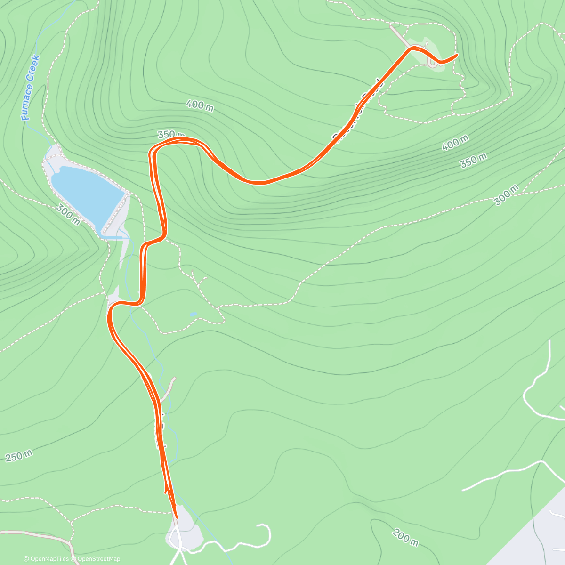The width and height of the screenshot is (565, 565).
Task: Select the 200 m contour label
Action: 405,537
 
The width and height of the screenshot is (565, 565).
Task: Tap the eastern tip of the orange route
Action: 457,55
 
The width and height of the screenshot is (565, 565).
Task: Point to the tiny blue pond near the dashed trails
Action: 193,314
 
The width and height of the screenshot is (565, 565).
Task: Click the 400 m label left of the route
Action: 200,105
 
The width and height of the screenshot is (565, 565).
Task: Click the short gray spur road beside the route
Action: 168,388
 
